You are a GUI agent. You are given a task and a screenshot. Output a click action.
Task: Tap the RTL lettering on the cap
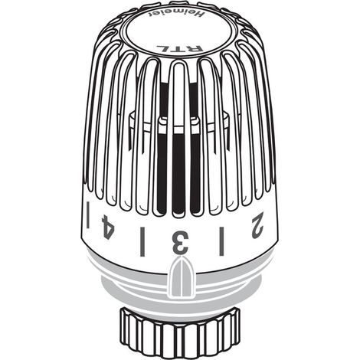pos(180,48)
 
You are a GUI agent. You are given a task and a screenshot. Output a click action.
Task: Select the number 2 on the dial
pos(257,226)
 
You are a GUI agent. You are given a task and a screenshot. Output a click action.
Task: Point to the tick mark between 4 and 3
pos(142,241)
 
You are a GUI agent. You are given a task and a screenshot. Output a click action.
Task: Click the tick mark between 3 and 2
pos(221,241)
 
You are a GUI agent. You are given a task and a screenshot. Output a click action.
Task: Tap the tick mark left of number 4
pos(88,214)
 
